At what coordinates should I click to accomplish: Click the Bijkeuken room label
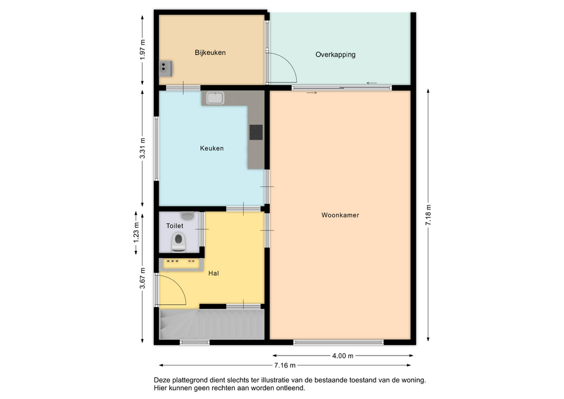[x=210, y=52]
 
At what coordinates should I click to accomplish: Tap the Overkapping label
[x=335, y=55]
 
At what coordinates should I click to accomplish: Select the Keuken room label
[x=211, y=148]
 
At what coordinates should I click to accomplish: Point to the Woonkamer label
[x=340, y=215]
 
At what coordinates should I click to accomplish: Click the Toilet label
[x=174, y=226]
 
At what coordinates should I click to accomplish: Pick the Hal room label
[x=213, y=273]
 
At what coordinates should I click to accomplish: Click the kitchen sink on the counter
[x=215, y=98]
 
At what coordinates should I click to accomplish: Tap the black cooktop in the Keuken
[x=256, y=132]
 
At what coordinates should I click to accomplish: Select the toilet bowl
[x=179, y=242]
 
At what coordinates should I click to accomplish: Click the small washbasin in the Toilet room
[x=187, y=216]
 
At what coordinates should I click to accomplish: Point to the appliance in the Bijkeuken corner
[x=166, y=68]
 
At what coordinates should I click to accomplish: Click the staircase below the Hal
[x=212, y=324]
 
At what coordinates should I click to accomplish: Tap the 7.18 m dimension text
[x=428, y=215]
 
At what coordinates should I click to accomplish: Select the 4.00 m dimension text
[x=343, y=356]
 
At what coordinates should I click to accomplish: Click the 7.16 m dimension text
[x=285, y=365]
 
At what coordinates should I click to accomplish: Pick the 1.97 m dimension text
[x=142, y=49]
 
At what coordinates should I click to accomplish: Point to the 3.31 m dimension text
[x=142, y=148]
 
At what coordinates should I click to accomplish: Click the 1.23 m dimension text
[x=136, y=233]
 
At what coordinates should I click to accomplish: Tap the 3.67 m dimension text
[x=142, y=278]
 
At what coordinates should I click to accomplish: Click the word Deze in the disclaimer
[x=162, y=380]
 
